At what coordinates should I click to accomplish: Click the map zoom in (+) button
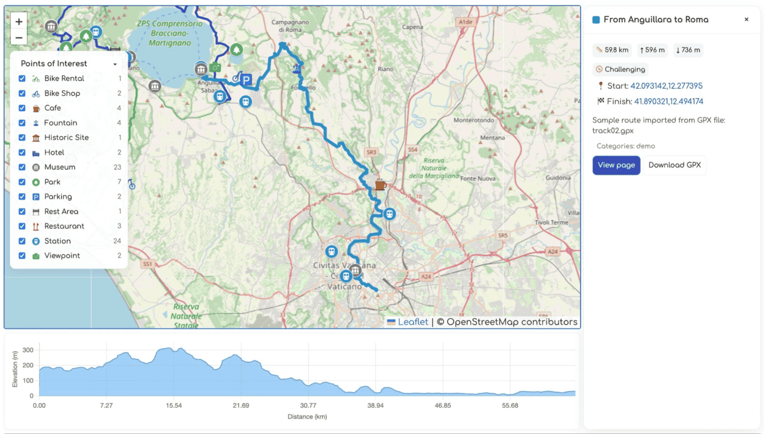click(19, 21)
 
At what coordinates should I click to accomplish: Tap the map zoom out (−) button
click(19, 38)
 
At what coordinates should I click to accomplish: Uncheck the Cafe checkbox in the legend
click(22, 108)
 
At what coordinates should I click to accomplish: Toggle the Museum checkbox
click(22, 167)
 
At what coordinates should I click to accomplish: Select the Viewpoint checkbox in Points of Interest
click(22, 256)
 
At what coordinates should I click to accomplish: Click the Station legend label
click(57, 241)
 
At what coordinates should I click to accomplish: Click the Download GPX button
click(674, 165)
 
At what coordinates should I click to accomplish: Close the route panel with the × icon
click(746, 20)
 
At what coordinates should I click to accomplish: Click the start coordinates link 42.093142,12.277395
click(666, 86)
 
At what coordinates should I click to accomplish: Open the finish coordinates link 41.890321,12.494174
click(668, 101)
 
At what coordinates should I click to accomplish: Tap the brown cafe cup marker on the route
click(380, 185)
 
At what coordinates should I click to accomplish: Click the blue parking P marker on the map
click(246, 80)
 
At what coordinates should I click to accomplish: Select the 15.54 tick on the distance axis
click(174, 406)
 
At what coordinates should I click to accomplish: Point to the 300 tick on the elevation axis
click(28, 350)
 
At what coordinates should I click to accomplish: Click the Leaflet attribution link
click(413, 322)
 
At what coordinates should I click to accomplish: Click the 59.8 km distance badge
click(612, 50)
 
